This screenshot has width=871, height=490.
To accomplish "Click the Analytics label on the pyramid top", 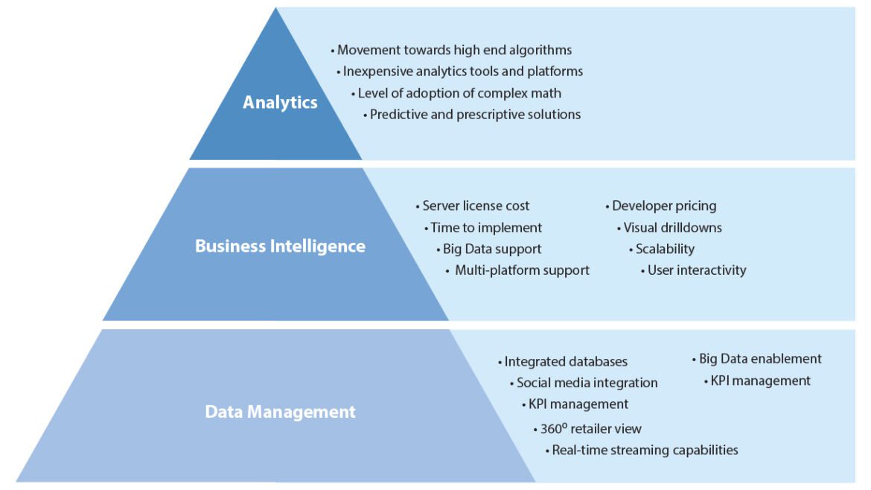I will [280, 103].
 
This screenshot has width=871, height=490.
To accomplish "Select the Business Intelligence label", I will [280, 246].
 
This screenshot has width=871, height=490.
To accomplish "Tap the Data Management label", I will [280, 411].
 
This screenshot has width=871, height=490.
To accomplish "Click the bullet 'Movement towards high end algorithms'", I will [454, 50].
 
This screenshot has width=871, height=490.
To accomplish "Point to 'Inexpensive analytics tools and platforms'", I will [462, 71].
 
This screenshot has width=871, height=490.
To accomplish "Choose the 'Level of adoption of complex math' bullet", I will [459, 93].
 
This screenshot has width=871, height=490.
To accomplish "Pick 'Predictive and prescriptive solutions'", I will [475, 115].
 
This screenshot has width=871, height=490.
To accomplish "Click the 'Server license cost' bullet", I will [476, 206].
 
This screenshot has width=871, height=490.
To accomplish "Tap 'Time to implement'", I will [486, 228].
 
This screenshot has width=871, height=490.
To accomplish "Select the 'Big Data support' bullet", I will [491, 249].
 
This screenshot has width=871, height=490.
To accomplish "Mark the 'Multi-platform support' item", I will [522, 270].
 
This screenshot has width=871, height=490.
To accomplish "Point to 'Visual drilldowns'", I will [672, 228].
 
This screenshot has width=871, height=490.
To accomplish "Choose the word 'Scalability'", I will [665, 249].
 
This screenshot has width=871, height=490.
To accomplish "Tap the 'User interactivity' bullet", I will [696, 270].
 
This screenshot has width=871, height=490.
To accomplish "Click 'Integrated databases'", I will [566, 362].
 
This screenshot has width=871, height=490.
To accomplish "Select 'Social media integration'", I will [587, 383].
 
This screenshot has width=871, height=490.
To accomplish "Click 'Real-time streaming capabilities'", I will [645, 450].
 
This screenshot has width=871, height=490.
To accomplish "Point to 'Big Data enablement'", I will [760, 359].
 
